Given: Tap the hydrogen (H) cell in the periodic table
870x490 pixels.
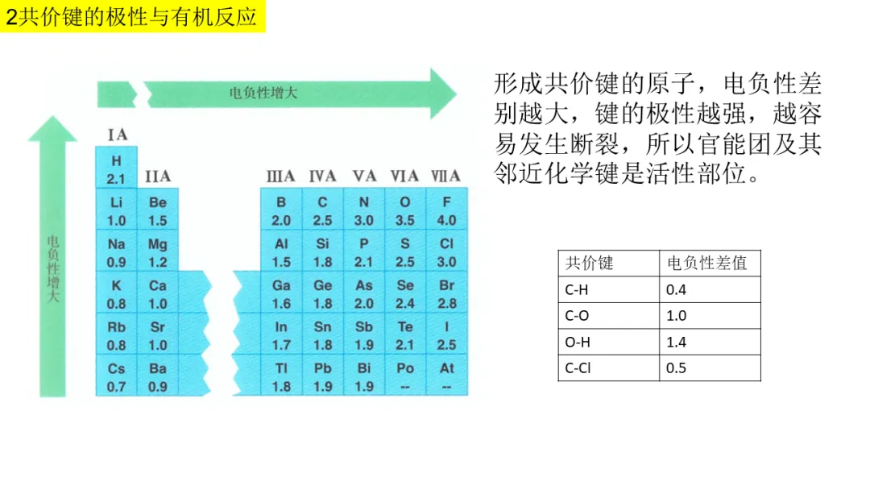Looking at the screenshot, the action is pyautogui.click(x=117, y=169).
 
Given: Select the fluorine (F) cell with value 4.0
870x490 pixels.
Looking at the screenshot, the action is pyautogui.click(x=446, y=211).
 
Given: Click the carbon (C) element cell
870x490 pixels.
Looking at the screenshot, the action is pyautogui.click(x=322, y=211).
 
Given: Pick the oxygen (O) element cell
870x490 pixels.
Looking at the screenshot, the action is pyautogui.click(x=405, y=211).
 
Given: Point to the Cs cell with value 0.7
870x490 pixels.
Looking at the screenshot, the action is pyautogui.click(x=117, y=377).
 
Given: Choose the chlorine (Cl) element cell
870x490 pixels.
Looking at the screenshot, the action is pyautogui.click(x=446, y=252).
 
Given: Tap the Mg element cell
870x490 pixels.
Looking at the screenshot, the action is pyautogui.click(x=158, y=252).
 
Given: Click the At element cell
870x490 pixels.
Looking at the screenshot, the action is pyautogui.click(x=446, y=377).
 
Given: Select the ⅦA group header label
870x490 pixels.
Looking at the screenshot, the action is pyautogui.click(x=445, y=176).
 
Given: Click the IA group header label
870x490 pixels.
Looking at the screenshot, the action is pyautogui.click(x=117, y=135).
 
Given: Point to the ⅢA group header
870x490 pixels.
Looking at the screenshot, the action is pyautogui.click(x=280, y=176).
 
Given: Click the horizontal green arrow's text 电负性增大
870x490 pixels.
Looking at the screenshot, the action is pyautogui.click(x=263, y=93).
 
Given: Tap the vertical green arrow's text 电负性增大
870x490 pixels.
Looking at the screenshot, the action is pyautogui.click(x=53, y=268).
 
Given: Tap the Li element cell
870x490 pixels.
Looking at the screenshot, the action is pyautogui.click(x=117, y=211).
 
